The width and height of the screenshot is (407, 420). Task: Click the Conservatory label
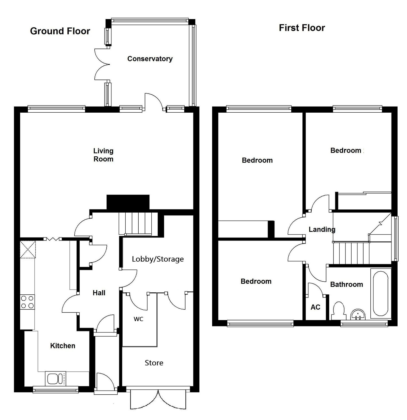point(150,59)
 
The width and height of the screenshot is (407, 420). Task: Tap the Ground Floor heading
point(60,31)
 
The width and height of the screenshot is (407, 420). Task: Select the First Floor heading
point(302,28)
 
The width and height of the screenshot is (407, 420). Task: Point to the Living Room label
point(103,155)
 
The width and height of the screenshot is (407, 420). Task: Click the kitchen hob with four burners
point(27,302)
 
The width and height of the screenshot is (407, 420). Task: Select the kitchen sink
point(55,379)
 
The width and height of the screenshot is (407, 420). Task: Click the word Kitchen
point(63,346)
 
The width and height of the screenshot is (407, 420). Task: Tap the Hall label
point(99,293)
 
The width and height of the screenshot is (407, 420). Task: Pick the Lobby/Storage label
point(158,259)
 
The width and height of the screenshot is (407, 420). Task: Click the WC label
point(138,319)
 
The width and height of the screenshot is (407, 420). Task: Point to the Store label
point(154,363)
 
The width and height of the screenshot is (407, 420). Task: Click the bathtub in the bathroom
point(381,293)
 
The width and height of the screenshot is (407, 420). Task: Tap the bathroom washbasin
point(358,314)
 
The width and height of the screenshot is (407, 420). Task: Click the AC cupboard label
point(315,307)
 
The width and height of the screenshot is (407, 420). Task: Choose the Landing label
point(322,230)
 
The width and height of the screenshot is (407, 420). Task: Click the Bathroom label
point(346,284)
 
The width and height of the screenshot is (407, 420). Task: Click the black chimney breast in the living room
point(128,202)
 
